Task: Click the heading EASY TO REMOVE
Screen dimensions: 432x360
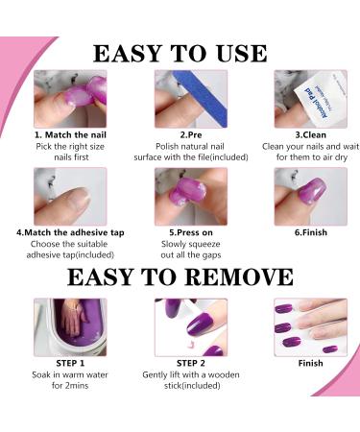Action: point(180,277)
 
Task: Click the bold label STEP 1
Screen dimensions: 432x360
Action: point(70,364)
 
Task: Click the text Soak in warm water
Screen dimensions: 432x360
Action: point(70,376)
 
